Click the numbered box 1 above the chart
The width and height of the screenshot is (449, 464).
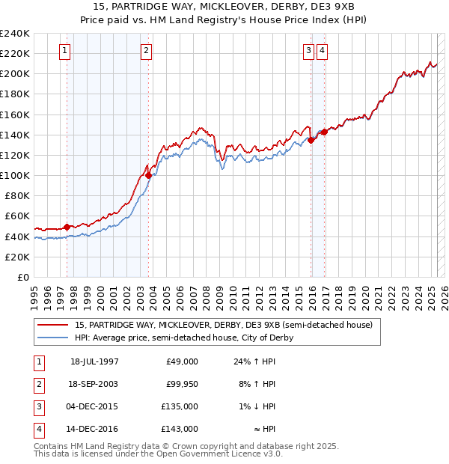tap(64, 51)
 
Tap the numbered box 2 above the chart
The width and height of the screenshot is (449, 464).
tap(146, 51)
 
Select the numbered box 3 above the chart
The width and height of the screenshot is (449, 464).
tap(308, 51)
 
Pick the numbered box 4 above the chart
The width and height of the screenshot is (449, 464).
tap(322, 51)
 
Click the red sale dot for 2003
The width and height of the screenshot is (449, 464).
tap(148, 175)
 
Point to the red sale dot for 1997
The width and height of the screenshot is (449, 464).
tap(67, 227)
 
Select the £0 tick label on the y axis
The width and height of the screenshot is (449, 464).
tap(22, 277)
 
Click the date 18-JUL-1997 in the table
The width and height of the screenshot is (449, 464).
tap(94, 361)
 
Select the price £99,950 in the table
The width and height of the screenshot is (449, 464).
tap(182, 384)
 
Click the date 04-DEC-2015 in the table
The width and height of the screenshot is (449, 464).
tap(94, 407)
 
